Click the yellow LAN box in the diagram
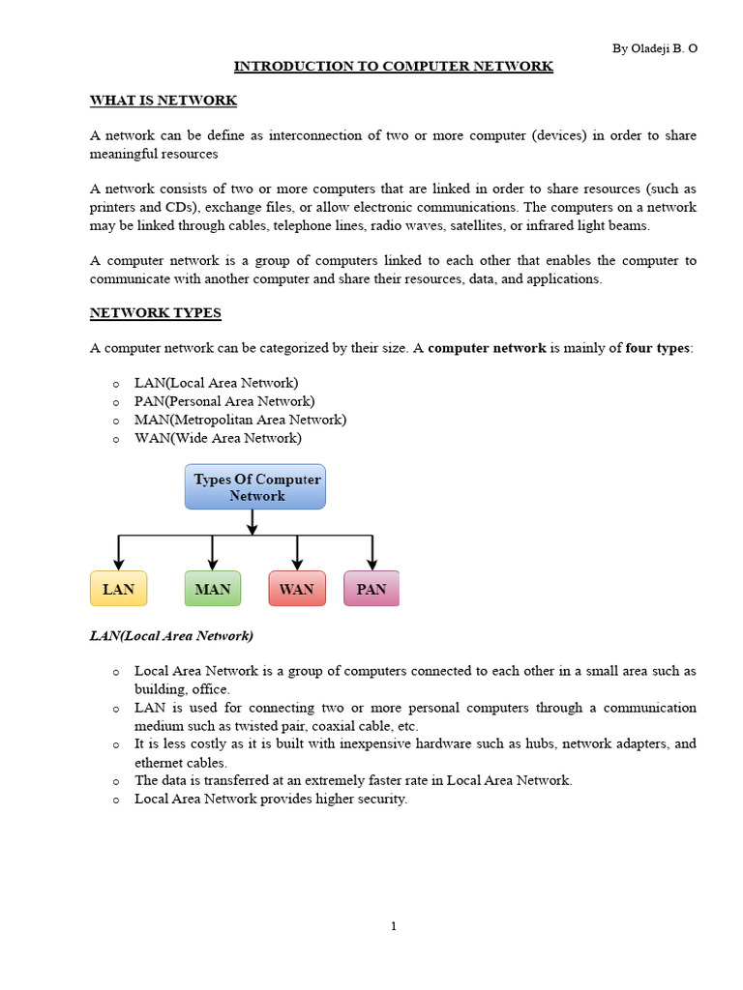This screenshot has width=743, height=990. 118,589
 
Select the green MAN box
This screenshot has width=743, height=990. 212,589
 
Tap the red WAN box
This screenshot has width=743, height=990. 296,589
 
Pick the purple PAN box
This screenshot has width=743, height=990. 371,589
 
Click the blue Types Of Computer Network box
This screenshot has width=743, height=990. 255,487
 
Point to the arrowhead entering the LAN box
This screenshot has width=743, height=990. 118,564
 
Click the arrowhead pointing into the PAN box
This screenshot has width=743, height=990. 372,564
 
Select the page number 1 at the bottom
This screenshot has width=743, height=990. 394,926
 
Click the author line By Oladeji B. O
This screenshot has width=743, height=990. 654,48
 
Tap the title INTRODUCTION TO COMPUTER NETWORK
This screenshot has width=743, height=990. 393,67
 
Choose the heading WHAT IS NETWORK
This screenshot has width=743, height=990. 163,101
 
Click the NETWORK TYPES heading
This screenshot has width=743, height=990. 155,313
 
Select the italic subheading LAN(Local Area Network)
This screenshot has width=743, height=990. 171,635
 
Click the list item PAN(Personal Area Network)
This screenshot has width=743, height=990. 224,401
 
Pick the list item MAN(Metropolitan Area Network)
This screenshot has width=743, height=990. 240,420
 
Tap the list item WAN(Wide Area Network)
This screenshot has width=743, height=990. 218,438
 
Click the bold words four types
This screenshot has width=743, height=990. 657,348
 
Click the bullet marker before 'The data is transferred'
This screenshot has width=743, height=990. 116,781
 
